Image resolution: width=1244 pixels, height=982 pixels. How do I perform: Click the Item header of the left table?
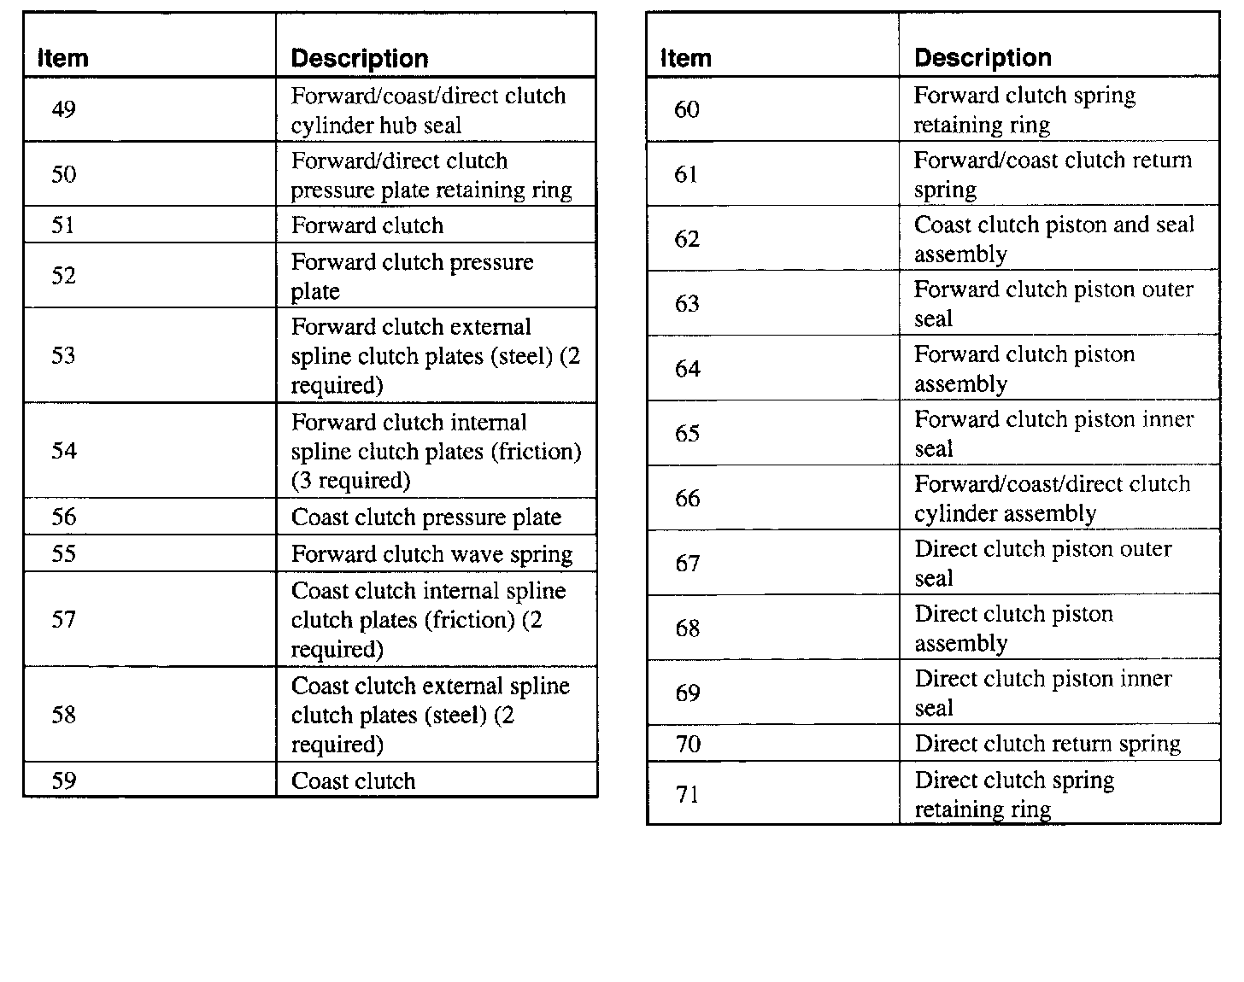click(x=63, y=58)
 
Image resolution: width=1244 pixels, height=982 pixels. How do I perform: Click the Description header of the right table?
click(x=983, y=57)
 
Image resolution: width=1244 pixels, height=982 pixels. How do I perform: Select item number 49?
click(x=63, y=109)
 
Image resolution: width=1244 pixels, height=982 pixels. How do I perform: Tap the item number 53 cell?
click(x=63, y=355)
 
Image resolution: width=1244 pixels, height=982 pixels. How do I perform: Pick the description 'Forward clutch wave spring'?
click(x=431, y=554)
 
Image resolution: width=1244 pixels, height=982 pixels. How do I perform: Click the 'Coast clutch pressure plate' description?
click(x=426, y=517)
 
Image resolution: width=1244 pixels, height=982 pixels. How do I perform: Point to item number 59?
click(x=63, y=780)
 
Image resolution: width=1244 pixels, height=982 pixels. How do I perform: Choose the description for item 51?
click(x=367, y=225)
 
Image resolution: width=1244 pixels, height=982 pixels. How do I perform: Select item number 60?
click(x=687, y=109)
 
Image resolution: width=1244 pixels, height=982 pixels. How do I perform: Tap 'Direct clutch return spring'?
click(x=1047, y=744)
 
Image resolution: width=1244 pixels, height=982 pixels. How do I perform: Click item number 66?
click(x=687, y=498)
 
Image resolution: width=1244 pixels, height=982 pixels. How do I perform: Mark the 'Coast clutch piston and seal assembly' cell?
click(x=1053, y=239)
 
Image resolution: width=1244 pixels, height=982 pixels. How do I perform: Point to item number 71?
click(x=687, y=794)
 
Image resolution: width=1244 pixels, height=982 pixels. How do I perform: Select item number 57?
click(x=63, y=619)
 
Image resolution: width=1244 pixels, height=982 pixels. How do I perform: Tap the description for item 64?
click(x=1024, y=369)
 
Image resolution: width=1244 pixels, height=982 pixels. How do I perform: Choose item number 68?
click(x=687, y=628)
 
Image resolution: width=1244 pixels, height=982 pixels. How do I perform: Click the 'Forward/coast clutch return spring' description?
click(x=1053, y=174)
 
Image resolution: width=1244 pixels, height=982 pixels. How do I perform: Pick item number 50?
click(x=63, y=174)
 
